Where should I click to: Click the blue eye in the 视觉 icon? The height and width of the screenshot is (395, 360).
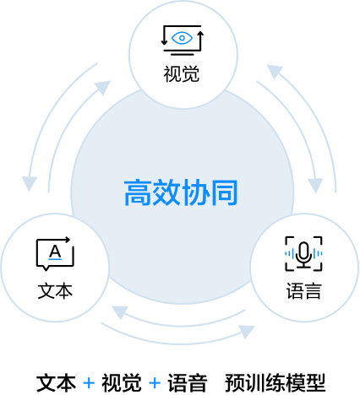tap(182, 38)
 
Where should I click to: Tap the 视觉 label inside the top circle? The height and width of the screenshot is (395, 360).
tap(182, 74)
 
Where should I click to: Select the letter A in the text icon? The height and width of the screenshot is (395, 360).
tap(55, 252)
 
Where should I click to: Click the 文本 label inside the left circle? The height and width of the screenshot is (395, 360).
tap(55, 290)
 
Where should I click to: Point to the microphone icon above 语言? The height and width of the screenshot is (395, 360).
tap(303, 254)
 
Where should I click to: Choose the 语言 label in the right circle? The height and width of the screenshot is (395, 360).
tap(304, 290)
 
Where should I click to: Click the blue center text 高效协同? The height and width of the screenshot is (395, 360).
tap(181, 192)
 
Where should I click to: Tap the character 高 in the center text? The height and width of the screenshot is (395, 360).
tap(138, 192)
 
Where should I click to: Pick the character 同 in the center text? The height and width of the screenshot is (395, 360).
tap(225, 192)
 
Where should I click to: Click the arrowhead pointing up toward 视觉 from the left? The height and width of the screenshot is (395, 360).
tap(103, 87)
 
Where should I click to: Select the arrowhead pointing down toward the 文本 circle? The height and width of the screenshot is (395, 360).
tap(30, 183)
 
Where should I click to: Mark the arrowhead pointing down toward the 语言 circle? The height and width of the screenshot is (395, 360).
tap(315, 185)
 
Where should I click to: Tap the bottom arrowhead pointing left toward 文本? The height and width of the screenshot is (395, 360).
tap(119, 312)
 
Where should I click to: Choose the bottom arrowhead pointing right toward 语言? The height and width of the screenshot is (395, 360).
tap(247, 332)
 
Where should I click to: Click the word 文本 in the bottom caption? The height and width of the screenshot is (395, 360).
tap(56, 383)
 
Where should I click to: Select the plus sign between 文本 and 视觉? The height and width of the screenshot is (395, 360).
tap(89, 383)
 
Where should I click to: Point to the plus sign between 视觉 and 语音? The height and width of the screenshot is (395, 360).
tap(155, 383)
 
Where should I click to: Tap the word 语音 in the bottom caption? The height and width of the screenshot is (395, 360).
tap(188, 383)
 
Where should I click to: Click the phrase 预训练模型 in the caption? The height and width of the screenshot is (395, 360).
tap(275, 383)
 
